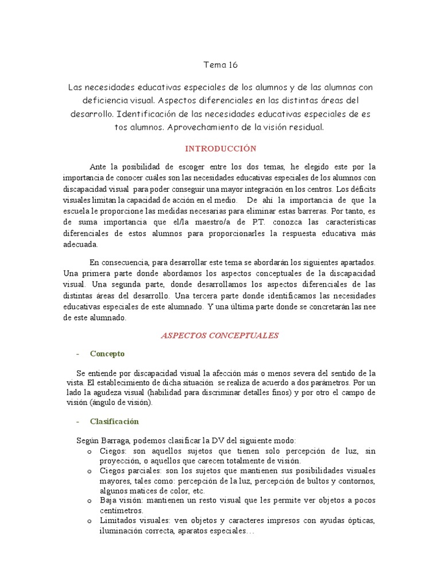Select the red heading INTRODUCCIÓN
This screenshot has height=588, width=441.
[220, 149]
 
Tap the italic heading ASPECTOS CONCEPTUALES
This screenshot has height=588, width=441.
[219, 335]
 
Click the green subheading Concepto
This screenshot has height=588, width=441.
[107, 354]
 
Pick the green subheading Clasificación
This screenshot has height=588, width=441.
[114, 421]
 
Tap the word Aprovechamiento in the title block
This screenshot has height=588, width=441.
[204, 127]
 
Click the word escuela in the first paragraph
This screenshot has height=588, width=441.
[76, 211]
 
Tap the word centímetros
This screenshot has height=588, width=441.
[121, 510]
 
